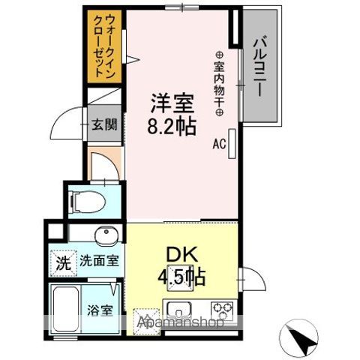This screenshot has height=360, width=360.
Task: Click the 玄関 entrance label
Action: point(103,124)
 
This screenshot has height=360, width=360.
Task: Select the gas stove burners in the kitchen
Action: point(223,307)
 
